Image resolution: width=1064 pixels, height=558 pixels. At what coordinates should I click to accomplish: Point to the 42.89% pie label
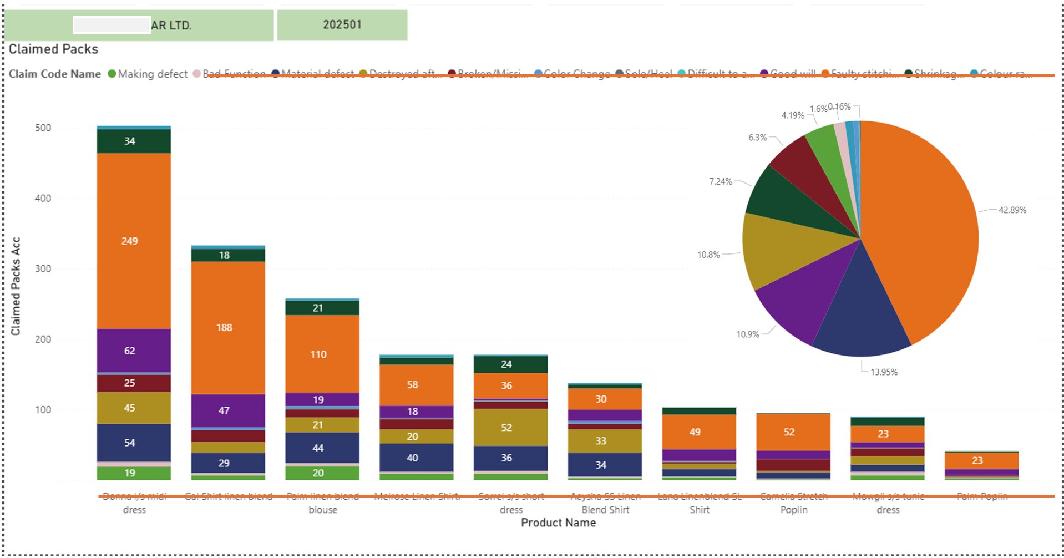point(1012,210)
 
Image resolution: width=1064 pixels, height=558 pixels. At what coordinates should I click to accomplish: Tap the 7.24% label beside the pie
point(721,181)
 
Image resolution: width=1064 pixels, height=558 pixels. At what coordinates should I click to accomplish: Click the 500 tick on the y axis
point(43,128)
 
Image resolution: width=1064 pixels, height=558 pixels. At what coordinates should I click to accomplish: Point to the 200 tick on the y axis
point(43,339)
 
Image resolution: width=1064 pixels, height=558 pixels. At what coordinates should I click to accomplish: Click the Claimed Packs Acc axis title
point(16,286)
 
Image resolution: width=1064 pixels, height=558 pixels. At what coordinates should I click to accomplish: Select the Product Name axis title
point(558,523)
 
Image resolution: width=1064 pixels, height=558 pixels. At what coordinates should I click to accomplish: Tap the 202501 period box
point(342,25)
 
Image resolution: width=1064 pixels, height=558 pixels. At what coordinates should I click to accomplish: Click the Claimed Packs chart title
point(53,49)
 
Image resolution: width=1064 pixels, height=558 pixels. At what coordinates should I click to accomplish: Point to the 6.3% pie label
point(757,138)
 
